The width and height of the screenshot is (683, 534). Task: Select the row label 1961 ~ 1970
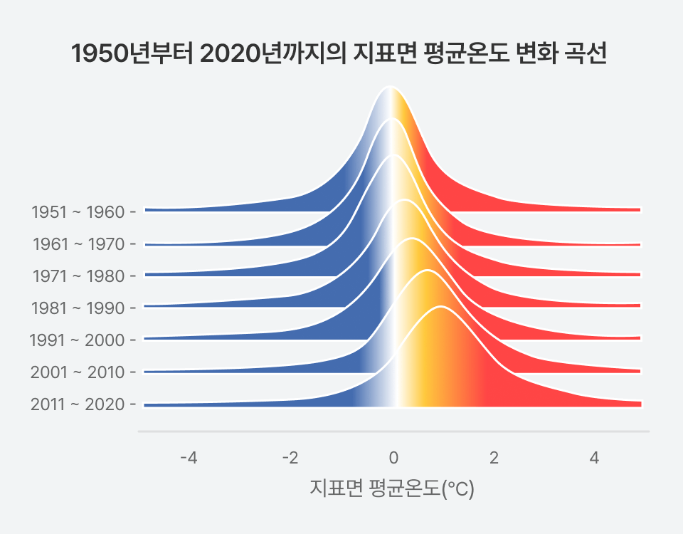point(79,244)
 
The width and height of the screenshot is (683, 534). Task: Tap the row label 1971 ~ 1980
point(78,276)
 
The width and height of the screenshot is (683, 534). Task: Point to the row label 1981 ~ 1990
point(78,308)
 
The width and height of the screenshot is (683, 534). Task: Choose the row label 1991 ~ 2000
point(77,340)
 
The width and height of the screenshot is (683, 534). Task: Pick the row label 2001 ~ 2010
point(78,372)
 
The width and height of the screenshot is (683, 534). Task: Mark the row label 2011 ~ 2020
point(78,404)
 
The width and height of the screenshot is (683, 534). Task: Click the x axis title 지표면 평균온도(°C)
point(392,489)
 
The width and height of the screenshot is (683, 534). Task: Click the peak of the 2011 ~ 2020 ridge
point(441,307)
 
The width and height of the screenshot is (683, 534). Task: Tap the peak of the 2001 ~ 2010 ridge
point(427,271)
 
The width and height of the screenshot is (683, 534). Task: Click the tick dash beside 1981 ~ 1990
point(132,308)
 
